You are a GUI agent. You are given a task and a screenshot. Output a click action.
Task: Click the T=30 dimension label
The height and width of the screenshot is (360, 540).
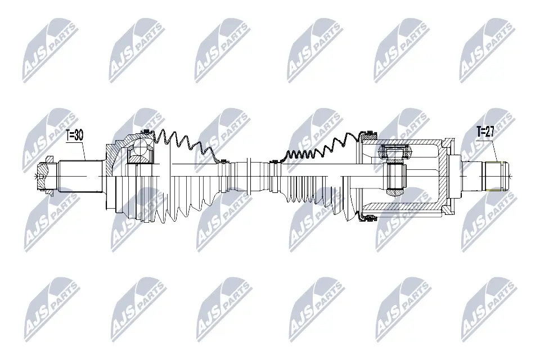(74, 135)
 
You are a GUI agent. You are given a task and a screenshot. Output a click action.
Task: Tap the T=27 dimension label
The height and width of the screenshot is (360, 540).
(486, 132)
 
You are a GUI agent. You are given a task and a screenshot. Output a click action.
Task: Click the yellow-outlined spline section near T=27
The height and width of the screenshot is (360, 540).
(494, 175)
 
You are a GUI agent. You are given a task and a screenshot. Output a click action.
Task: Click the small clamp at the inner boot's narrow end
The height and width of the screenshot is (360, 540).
(274, 161)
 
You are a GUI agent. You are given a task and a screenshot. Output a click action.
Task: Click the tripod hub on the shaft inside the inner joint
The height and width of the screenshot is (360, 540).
(396, 175)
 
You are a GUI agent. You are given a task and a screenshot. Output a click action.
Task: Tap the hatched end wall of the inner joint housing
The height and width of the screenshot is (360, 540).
(450, 175)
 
